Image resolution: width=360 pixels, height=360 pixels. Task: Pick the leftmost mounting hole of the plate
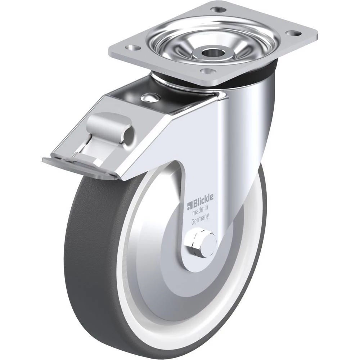pyautogui.click(x=133, y=48)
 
